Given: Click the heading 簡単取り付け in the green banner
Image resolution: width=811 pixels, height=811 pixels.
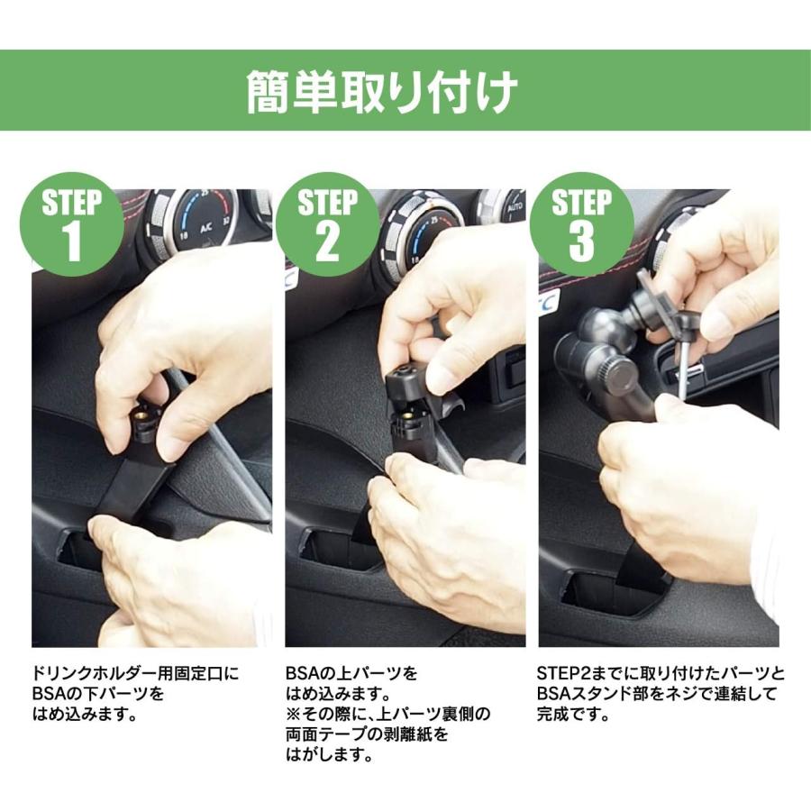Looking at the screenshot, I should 382,92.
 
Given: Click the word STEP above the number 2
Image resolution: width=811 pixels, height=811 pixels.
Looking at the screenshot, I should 327,203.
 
